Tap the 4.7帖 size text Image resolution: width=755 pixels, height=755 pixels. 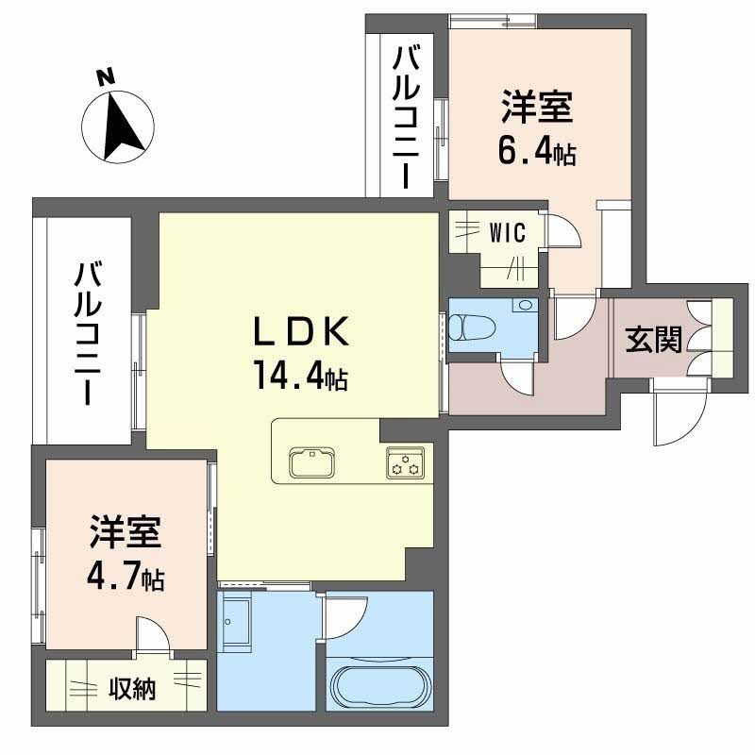click(x=126, y=576)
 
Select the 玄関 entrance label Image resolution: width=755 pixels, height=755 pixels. click(x=653, y=340)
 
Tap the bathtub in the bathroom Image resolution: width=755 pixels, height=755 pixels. click(x=378, y=686)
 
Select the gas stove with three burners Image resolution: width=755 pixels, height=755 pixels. click(x=406, y=463)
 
